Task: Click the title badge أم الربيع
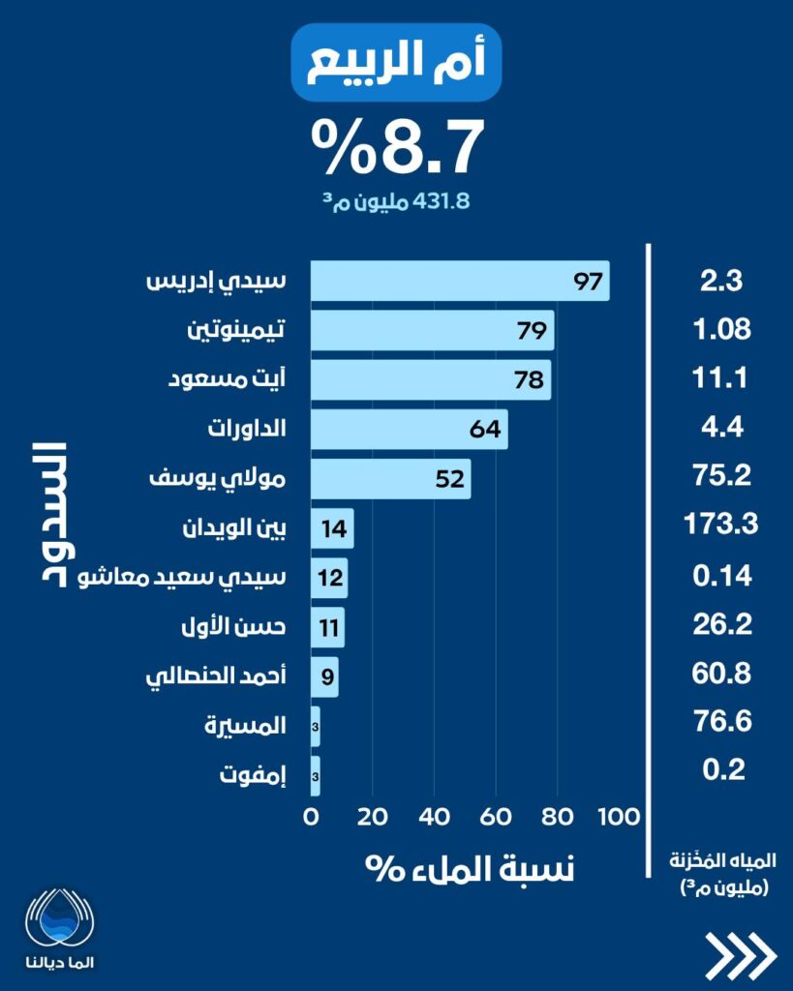coord(396,63)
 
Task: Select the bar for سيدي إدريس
coord(459,281)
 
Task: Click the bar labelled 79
coord(432,330)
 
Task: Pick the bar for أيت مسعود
coord(430,379)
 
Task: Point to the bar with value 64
coord(409,429)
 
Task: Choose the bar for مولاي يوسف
coord(390,478)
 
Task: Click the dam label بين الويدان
coord(233,528)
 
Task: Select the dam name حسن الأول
coord(247,627)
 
